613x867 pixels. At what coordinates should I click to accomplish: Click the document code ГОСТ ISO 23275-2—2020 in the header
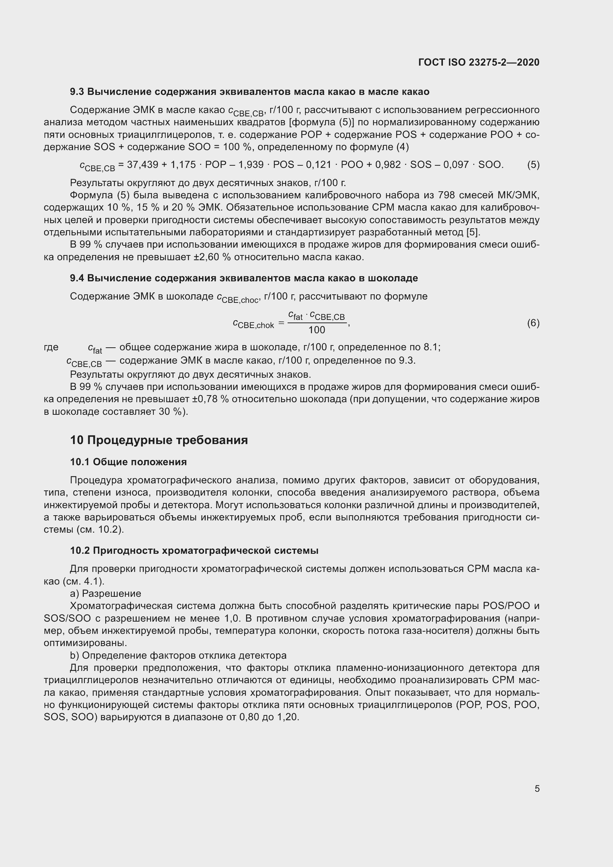tap(478, 62)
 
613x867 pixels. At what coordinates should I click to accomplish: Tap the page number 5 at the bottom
tap(537, 788)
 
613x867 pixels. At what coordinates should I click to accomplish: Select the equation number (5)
tap(533, 165)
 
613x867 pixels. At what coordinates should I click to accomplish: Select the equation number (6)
tap(533, 323)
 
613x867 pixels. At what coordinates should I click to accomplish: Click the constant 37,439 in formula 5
tap(142, 165)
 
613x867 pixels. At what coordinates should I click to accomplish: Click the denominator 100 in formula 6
tap(316, 330)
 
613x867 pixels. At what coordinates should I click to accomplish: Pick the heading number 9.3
tap(77, 92)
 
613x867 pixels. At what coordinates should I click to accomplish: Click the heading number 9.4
tap(77, 278)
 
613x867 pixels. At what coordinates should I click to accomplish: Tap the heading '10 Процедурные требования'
tap(159, 440)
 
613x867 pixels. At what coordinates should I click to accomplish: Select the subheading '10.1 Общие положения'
tap(128, 462)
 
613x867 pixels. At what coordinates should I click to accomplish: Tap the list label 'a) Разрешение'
tap(105, 593)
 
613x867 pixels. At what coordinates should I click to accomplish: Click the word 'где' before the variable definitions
tap(51, 347)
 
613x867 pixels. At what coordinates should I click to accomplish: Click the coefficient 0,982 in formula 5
tap(388, 165)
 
